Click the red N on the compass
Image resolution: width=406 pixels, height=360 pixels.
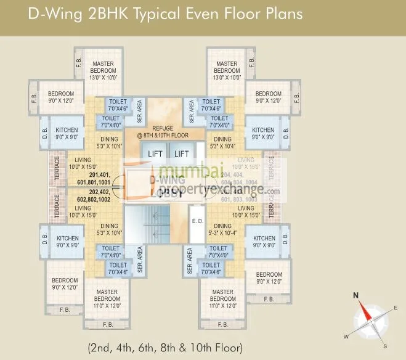tap(355, 295)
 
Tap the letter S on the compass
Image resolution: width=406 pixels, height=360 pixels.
tap(384, 346)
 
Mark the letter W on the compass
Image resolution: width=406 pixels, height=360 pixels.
tap(346, 336)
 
